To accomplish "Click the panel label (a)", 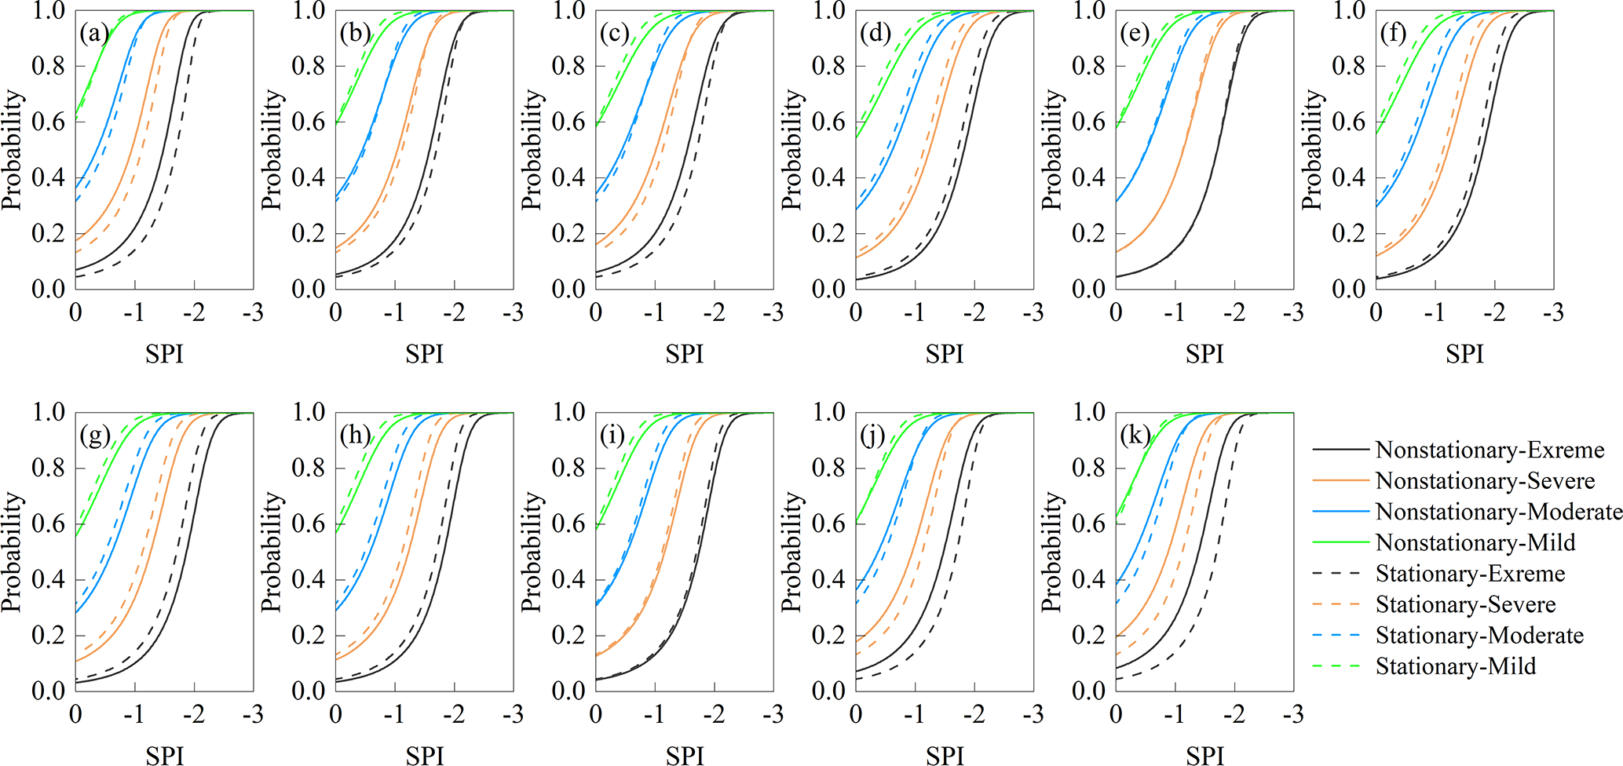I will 94,34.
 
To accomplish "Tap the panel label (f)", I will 1394,34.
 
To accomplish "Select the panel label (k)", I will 1135,436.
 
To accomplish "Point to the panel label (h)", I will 355,436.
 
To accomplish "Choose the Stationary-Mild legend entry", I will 1455,666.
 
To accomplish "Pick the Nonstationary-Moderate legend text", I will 1499,512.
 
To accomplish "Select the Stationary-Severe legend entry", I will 1465,604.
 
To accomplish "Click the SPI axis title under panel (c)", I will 684,355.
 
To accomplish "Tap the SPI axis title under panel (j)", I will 945,756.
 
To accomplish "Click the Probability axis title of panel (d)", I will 793,149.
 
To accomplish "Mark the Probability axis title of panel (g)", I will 13,551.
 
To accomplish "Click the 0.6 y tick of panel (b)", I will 308,122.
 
